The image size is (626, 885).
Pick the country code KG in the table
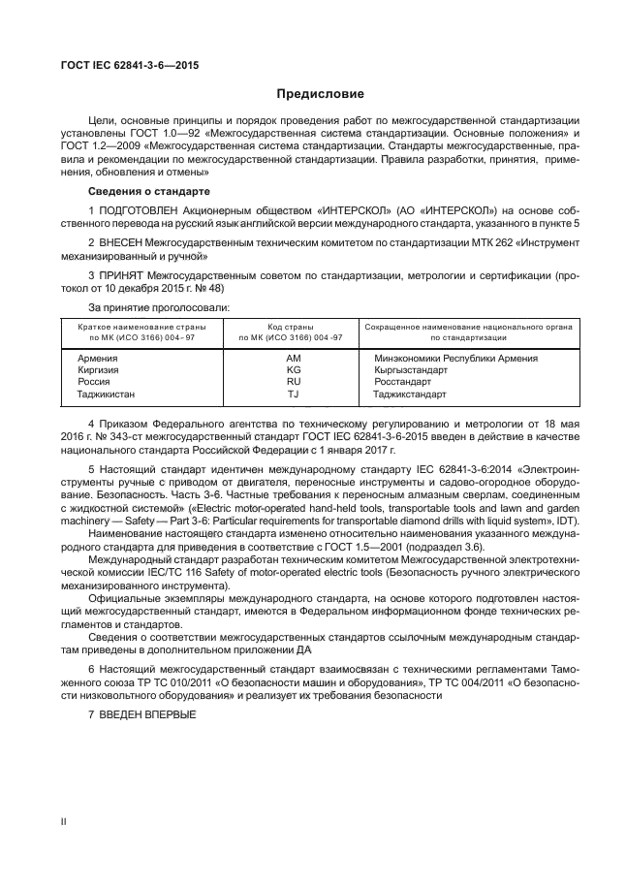pos(295,370)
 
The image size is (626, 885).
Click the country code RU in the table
pos(295,383)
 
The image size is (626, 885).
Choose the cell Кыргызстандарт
pos(410,370)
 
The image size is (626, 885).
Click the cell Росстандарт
pos(404,383)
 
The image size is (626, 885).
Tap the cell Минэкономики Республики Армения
pos(455,359)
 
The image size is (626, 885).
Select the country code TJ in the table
pos(295,395)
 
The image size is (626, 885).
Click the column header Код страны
pos(295,327)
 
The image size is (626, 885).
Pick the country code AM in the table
pos(295,359)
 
